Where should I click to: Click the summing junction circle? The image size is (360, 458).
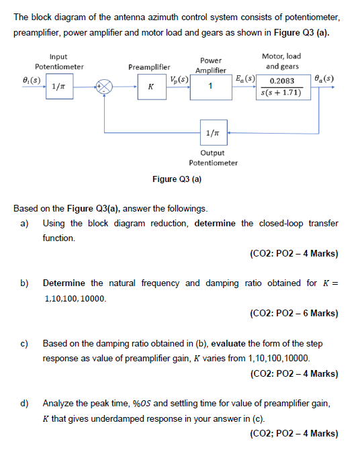point(105,87)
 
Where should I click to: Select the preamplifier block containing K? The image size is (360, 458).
point(150,87)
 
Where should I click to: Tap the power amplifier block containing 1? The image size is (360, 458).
point(211,87)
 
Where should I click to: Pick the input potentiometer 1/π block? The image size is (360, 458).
point(60,87)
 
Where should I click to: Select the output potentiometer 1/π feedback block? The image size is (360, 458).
point(212,132)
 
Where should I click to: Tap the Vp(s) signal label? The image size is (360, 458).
point(179,79)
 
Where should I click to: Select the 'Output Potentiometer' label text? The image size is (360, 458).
point(213,158)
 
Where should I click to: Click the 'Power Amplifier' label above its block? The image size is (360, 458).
point(211,65)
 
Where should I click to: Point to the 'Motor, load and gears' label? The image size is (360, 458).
point(283,61)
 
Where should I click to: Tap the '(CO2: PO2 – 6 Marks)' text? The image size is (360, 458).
point(293,313)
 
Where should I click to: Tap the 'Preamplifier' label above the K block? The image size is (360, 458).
point(149,67)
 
